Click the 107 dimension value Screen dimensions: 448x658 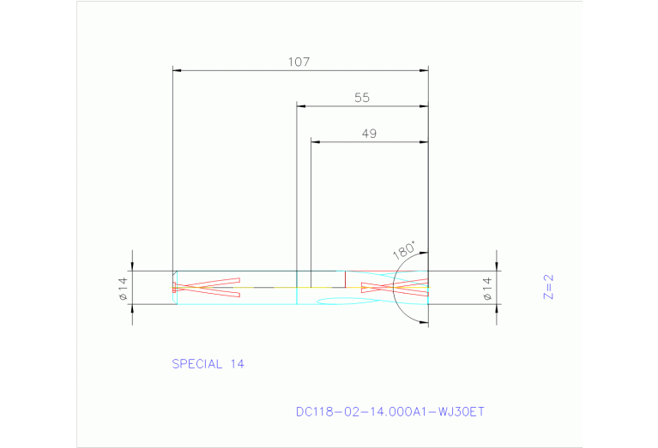(x=299, y=62)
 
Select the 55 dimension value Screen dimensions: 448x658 (x=361, y=98)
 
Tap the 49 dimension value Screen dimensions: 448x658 (x=368, y=134)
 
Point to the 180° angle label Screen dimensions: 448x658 (x=404, y=251)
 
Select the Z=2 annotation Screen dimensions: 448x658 (x=549, y=287)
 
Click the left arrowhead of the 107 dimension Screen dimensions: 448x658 (x=177, y=70)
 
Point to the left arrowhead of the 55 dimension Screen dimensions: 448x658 (x=301, y=106)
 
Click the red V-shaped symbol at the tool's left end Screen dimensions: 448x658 (x=206, y=287)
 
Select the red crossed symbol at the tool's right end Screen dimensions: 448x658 (x=394, y=287)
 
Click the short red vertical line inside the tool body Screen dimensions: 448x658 (x=345, y=278)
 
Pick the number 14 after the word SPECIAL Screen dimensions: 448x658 (x=237, y=364)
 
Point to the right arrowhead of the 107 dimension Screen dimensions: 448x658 (x=424, y=70)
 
